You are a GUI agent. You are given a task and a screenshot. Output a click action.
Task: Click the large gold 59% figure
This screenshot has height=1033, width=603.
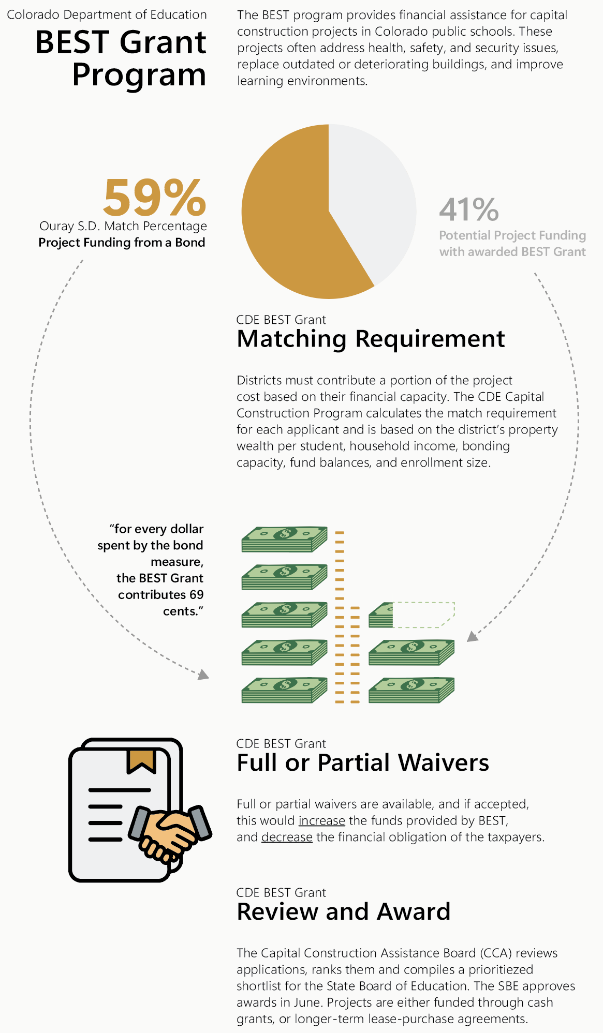[x=154, y=198]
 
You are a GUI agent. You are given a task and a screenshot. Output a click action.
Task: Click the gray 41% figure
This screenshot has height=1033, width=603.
[x=469, y=209]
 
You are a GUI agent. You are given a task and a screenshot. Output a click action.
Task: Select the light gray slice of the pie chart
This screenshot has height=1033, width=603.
[x=373, y=197]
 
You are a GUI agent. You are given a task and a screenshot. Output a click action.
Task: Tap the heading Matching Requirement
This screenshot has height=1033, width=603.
[x=371, y=339]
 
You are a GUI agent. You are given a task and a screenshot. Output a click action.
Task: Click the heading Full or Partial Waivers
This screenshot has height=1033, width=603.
[x=362, y=763]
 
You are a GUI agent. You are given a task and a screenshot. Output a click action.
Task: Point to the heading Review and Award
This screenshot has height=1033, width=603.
[x=343, y=912]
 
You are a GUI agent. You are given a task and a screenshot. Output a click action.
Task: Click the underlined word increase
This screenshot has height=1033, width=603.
[x=321, y=821]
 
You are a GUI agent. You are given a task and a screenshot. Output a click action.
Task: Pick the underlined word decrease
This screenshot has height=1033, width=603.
[x=287, y=837]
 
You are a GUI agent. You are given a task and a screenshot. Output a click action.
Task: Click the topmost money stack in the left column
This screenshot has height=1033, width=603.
[x=284, y=539]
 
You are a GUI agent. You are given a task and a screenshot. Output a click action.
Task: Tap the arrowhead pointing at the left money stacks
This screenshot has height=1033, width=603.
[x=204, y=675]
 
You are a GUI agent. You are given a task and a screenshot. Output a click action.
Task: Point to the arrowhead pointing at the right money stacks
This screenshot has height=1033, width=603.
[x=472, y=636]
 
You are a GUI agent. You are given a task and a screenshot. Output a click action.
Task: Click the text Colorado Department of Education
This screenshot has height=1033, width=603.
[x=107, y=14]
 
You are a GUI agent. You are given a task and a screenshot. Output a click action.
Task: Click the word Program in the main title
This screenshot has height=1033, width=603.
[x=139, y=76]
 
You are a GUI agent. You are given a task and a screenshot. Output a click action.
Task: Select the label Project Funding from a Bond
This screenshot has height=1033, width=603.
[x=122, y=243]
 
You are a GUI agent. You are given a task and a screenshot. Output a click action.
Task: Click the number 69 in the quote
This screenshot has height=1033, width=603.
[x=196, y=595]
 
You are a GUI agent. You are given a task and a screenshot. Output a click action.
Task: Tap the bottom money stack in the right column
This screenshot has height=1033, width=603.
[x=411, y=690]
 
